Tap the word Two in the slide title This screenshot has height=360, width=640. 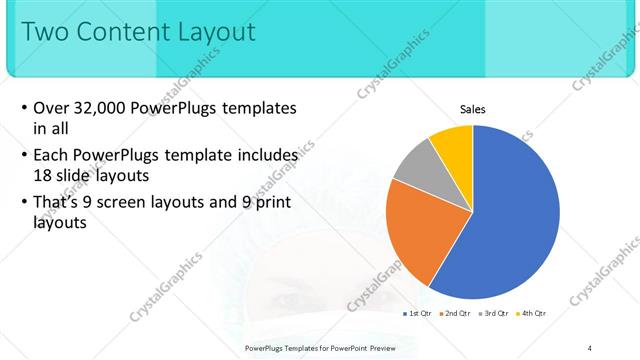(x=44, y=32)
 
